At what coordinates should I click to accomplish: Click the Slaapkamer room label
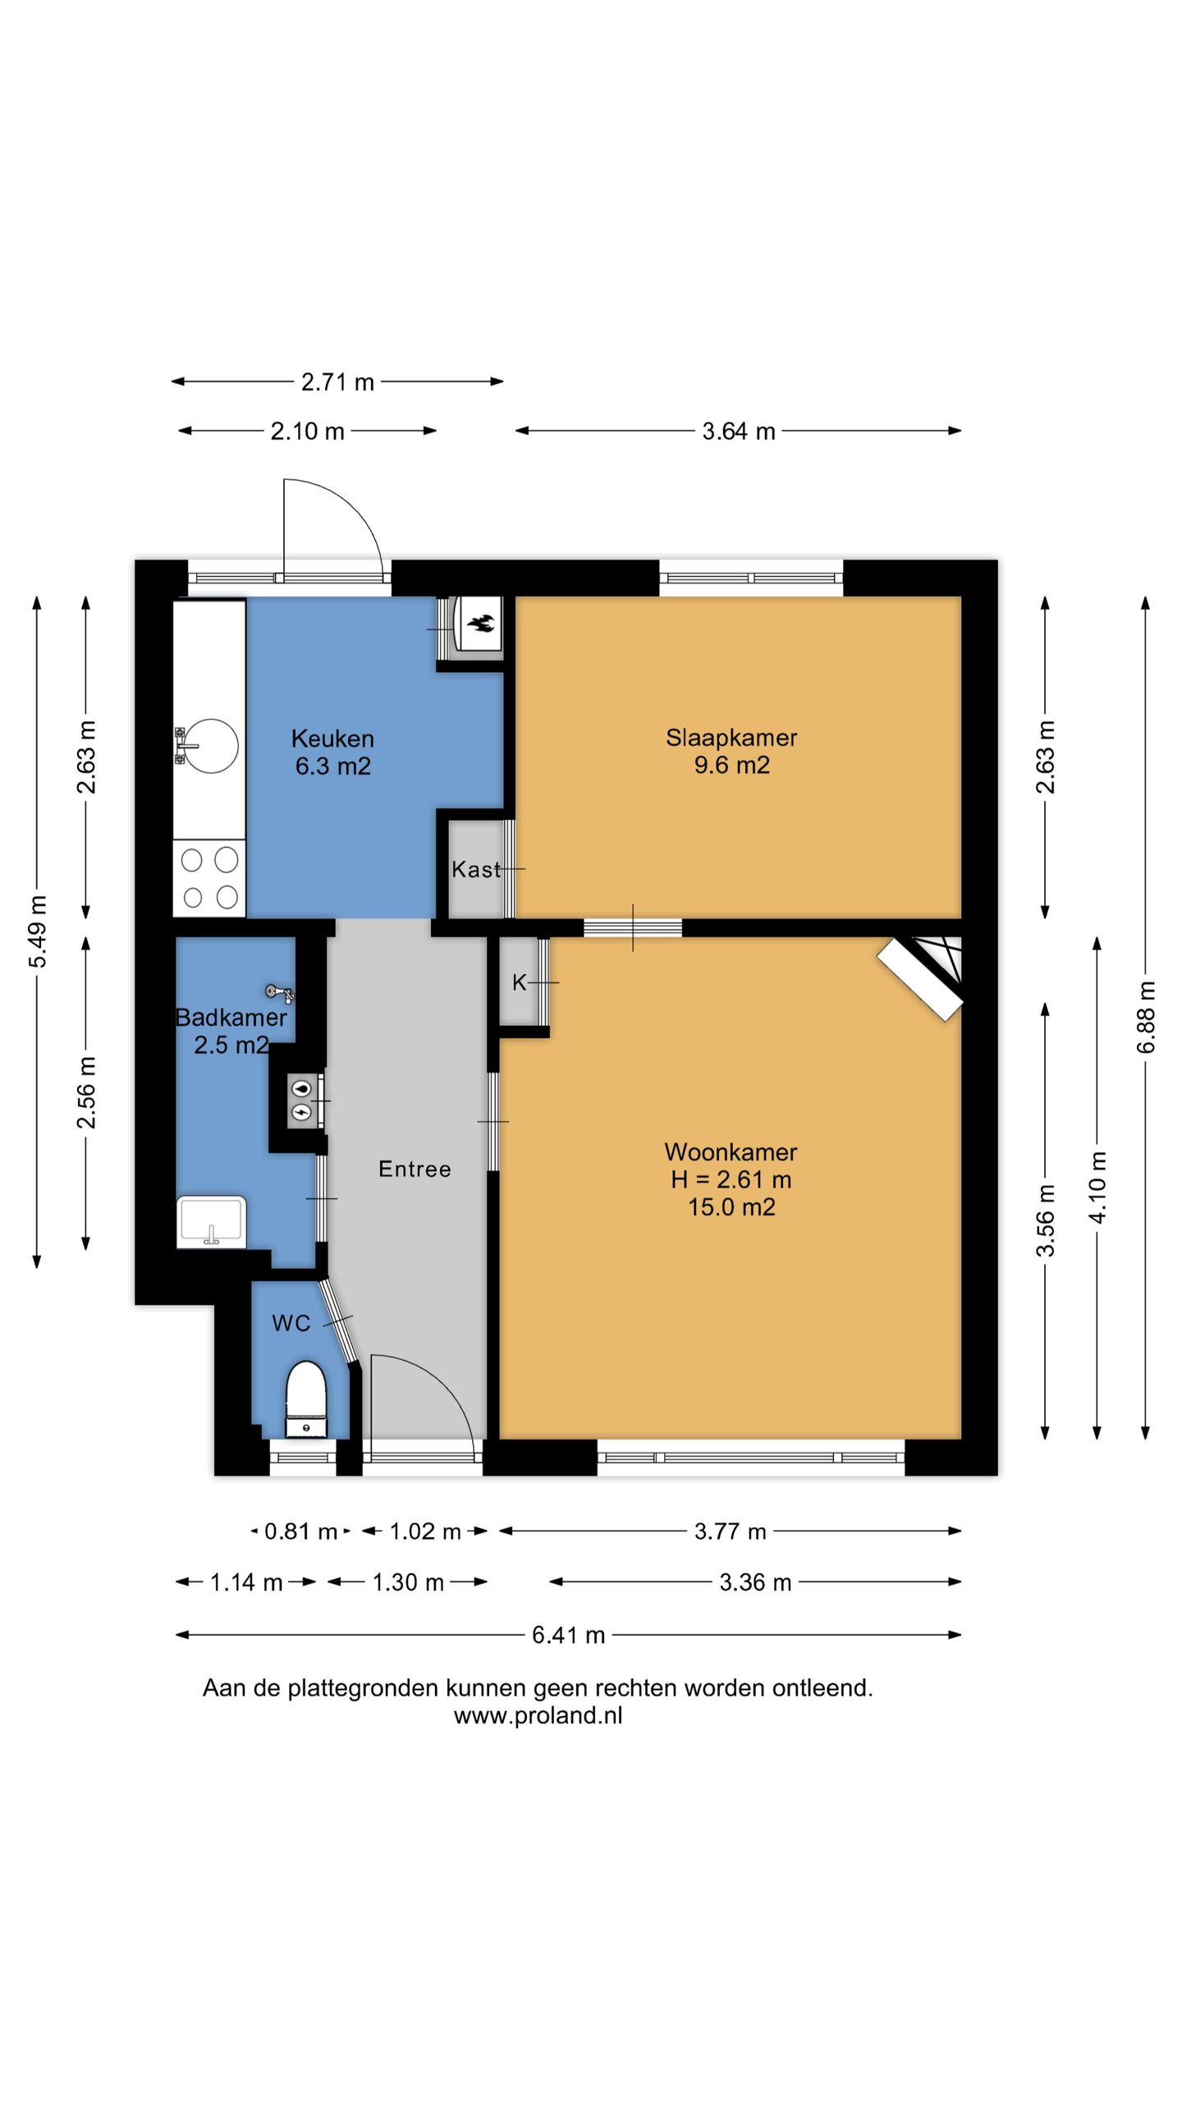(731, 737)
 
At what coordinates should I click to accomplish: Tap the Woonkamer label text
(731, 1151)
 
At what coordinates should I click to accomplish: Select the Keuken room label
(332, 739)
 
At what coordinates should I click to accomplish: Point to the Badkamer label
(231, 1018)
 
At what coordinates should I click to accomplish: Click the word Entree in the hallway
(415, 1169)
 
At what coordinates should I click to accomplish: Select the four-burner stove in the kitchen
(209, 877)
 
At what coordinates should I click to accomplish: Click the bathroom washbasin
(211, 1222)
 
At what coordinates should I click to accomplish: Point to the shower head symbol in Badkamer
(282, 993)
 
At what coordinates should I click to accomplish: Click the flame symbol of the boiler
(480, 625)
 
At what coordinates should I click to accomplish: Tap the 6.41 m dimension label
(568, 1635)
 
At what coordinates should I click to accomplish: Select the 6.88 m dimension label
(1147, 1018)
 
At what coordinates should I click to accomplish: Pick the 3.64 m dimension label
(738, 431)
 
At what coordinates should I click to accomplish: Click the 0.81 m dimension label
(300, 1531)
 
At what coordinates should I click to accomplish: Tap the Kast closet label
(476, 869)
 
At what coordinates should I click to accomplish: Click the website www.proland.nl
(538, 1716)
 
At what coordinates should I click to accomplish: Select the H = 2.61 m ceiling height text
(731, 1179)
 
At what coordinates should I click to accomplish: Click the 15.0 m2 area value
(731, 1207)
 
